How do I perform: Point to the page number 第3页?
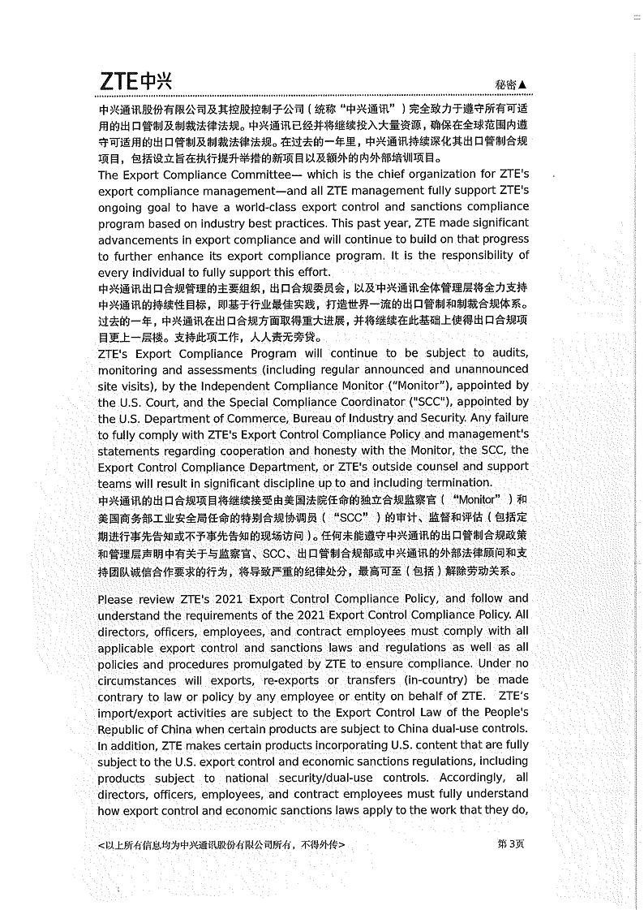(x=511, y=843)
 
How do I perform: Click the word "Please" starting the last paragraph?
(x=118, y=599)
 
